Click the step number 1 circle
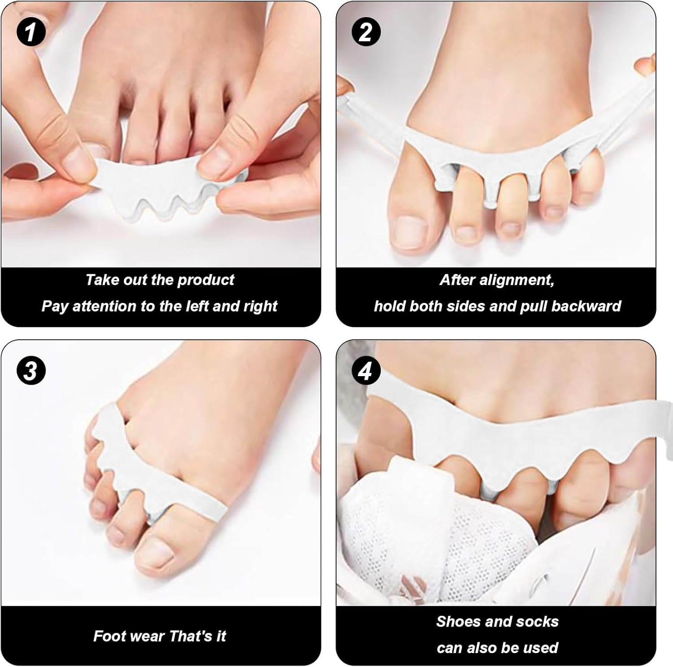click(31, 32)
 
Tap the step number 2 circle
click(366, 32)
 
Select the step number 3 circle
click(31, 371)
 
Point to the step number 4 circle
click(366, 371)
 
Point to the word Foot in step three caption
click(105, 636)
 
